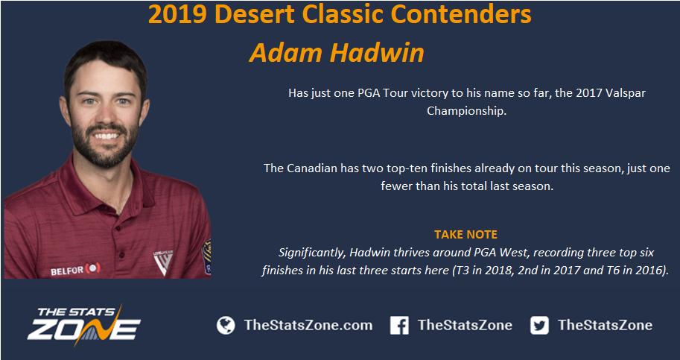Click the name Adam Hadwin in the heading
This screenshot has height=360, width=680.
(337, 53)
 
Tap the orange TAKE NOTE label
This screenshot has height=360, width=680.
(465, 235)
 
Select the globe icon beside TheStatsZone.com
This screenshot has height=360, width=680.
(226, 325)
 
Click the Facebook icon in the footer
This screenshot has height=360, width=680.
(399, 325)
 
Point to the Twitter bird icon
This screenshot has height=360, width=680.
(539, 325)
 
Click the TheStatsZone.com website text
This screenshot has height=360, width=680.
(308, 325)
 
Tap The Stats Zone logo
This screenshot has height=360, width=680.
(83, 325)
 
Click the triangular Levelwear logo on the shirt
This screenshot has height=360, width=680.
(163, 262)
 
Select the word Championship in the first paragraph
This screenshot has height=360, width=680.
(466, 111)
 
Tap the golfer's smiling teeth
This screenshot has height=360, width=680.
(107, 136)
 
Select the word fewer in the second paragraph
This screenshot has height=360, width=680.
(395, 186)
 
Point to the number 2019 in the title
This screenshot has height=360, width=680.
(178, 14)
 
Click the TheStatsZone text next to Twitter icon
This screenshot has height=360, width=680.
(605, 325)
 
